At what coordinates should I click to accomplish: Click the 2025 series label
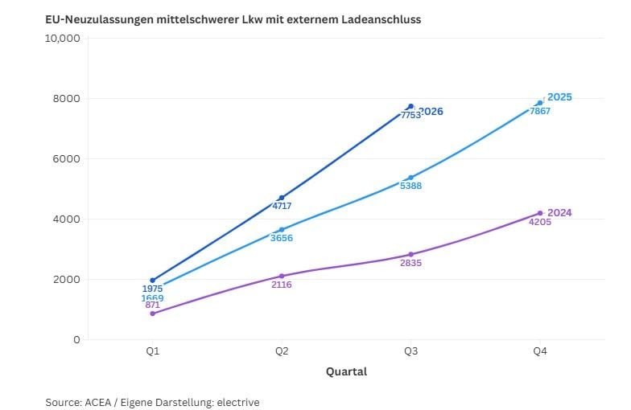(x=559, y=97)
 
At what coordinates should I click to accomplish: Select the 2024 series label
(x=559, y=212)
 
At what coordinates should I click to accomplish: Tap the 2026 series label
(x=431, y=111)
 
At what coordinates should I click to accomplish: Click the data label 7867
(x=539, y=111)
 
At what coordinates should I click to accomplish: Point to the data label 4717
(x=282, y=206)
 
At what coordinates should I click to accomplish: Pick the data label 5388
(x=410, y=186)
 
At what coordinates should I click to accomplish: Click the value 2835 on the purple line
(x=410, y=263)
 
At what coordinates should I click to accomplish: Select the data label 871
(x=153, y=305)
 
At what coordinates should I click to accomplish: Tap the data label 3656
(x=282, y=238)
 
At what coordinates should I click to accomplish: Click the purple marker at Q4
(x=540, y=213)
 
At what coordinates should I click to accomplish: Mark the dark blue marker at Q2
(x=282, y=198)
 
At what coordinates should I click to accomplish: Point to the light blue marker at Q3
(x=410, y=178)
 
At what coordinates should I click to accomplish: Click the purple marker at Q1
(x=153, y=314)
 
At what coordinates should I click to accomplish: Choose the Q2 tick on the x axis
(x=282, y=351)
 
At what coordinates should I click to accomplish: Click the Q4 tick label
(x=540, y=351)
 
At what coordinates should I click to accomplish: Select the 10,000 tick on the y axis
(x=63, y=39)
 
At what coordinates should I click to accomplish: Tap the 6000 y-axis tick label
(x=66, y=159)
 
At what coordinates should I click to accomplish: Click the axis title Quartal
(x=346, y=371)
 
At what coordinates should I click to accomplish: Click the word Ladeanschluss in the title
(x=381, y=19)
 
